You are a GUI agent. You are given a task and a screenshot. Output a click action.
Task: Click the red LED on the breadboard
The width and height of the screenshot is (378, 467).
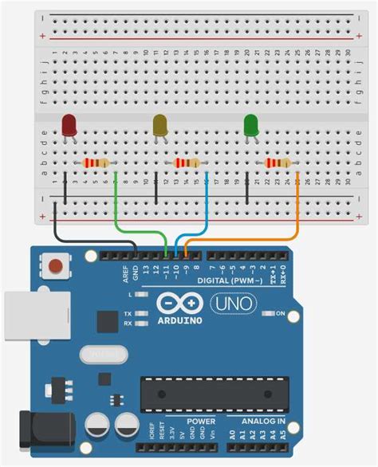pos(69,124)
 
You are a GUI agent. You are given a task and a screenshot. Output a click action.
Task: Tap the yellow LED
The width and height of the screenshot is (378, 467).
pos(160,124)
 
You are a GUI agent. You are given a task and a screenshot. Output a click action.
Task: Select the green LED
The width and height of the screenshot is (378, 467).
pos(251,124)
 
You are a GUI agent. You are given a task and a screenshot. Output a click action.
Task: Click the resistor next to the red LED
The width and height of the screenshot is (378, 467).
pos(95,163)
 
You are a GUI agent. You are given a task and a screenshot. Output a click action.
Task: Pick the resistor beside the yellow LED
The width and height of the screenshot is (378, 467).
pos(186,163)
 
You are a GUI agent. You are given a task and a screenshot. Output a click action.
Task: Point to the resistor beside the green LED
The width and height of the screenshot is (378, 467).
pos(277,163)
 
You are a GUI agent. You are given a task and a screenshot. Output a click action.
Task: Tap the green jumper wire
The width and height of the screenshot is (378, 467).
pos(116,211)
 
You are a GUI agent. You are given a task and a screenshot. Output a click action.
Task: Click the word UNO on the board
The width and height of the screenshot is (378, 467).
pos(232,304)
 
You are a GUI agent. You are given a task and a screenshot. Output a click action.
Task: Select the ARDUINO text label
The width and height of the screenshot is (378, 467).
pos(180,320)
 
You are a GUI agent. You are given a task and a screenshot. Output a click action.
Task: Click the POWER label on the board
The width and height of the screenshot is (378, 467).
pos(201,420)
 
